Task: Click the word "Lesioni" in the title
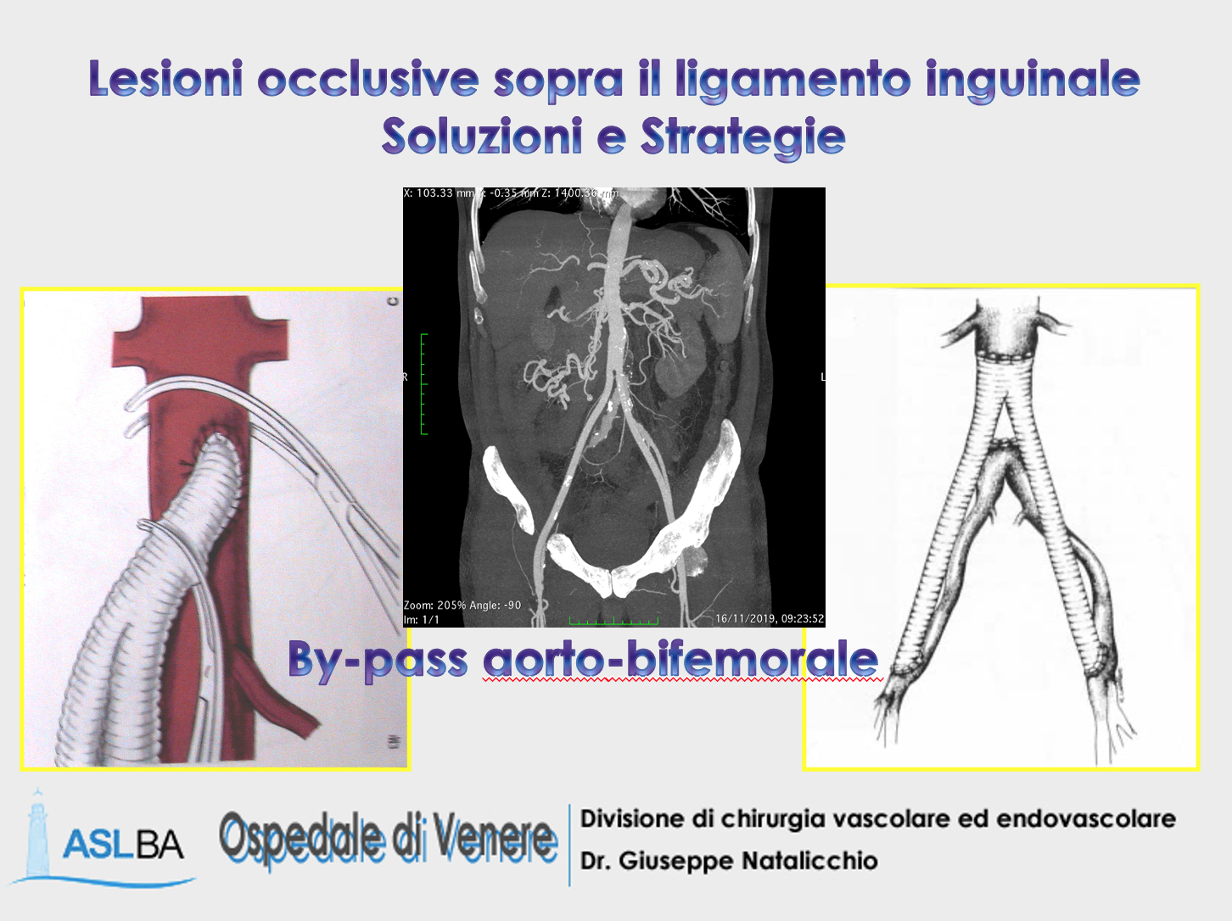point(165,79)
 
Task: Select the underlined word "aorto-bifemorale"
point(680,659)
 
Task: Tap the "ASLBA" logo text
point(123,845)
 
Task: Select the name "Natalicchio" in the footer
point(809,861)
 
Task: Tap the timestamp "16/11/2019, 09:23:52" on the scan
point(769,618)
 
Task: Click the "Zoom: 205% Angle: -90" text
point(462,605)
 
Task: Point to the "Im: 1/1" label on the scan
point(422,620)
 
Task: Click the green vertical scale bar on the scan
point(423,384)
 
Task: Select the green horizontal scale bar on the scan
point(613,622)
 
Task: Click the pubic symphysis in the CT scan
point(613,583)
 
